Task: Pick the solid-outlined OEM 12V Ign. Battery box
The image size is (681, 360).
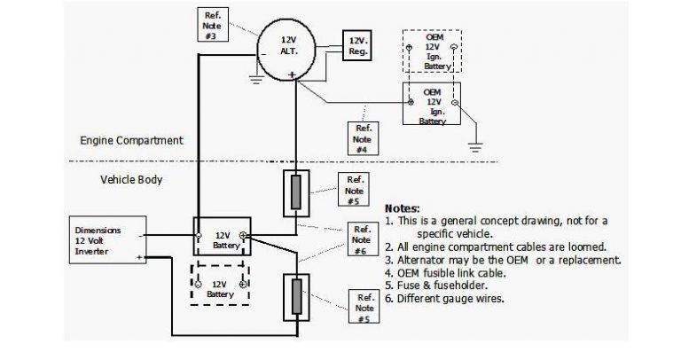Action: click(x=433, y=107)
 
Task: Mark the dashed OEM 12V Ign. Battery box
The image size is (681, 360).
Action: click(x=432, y=55)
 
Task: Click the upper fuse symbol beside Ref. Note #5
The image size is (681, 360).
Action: click(x=298, y=191)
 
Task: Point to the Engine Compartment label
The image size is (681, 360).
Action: click(x=131, y=140)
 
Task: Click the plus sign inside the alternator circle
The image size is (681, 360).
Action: click(x=291, y=74)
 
